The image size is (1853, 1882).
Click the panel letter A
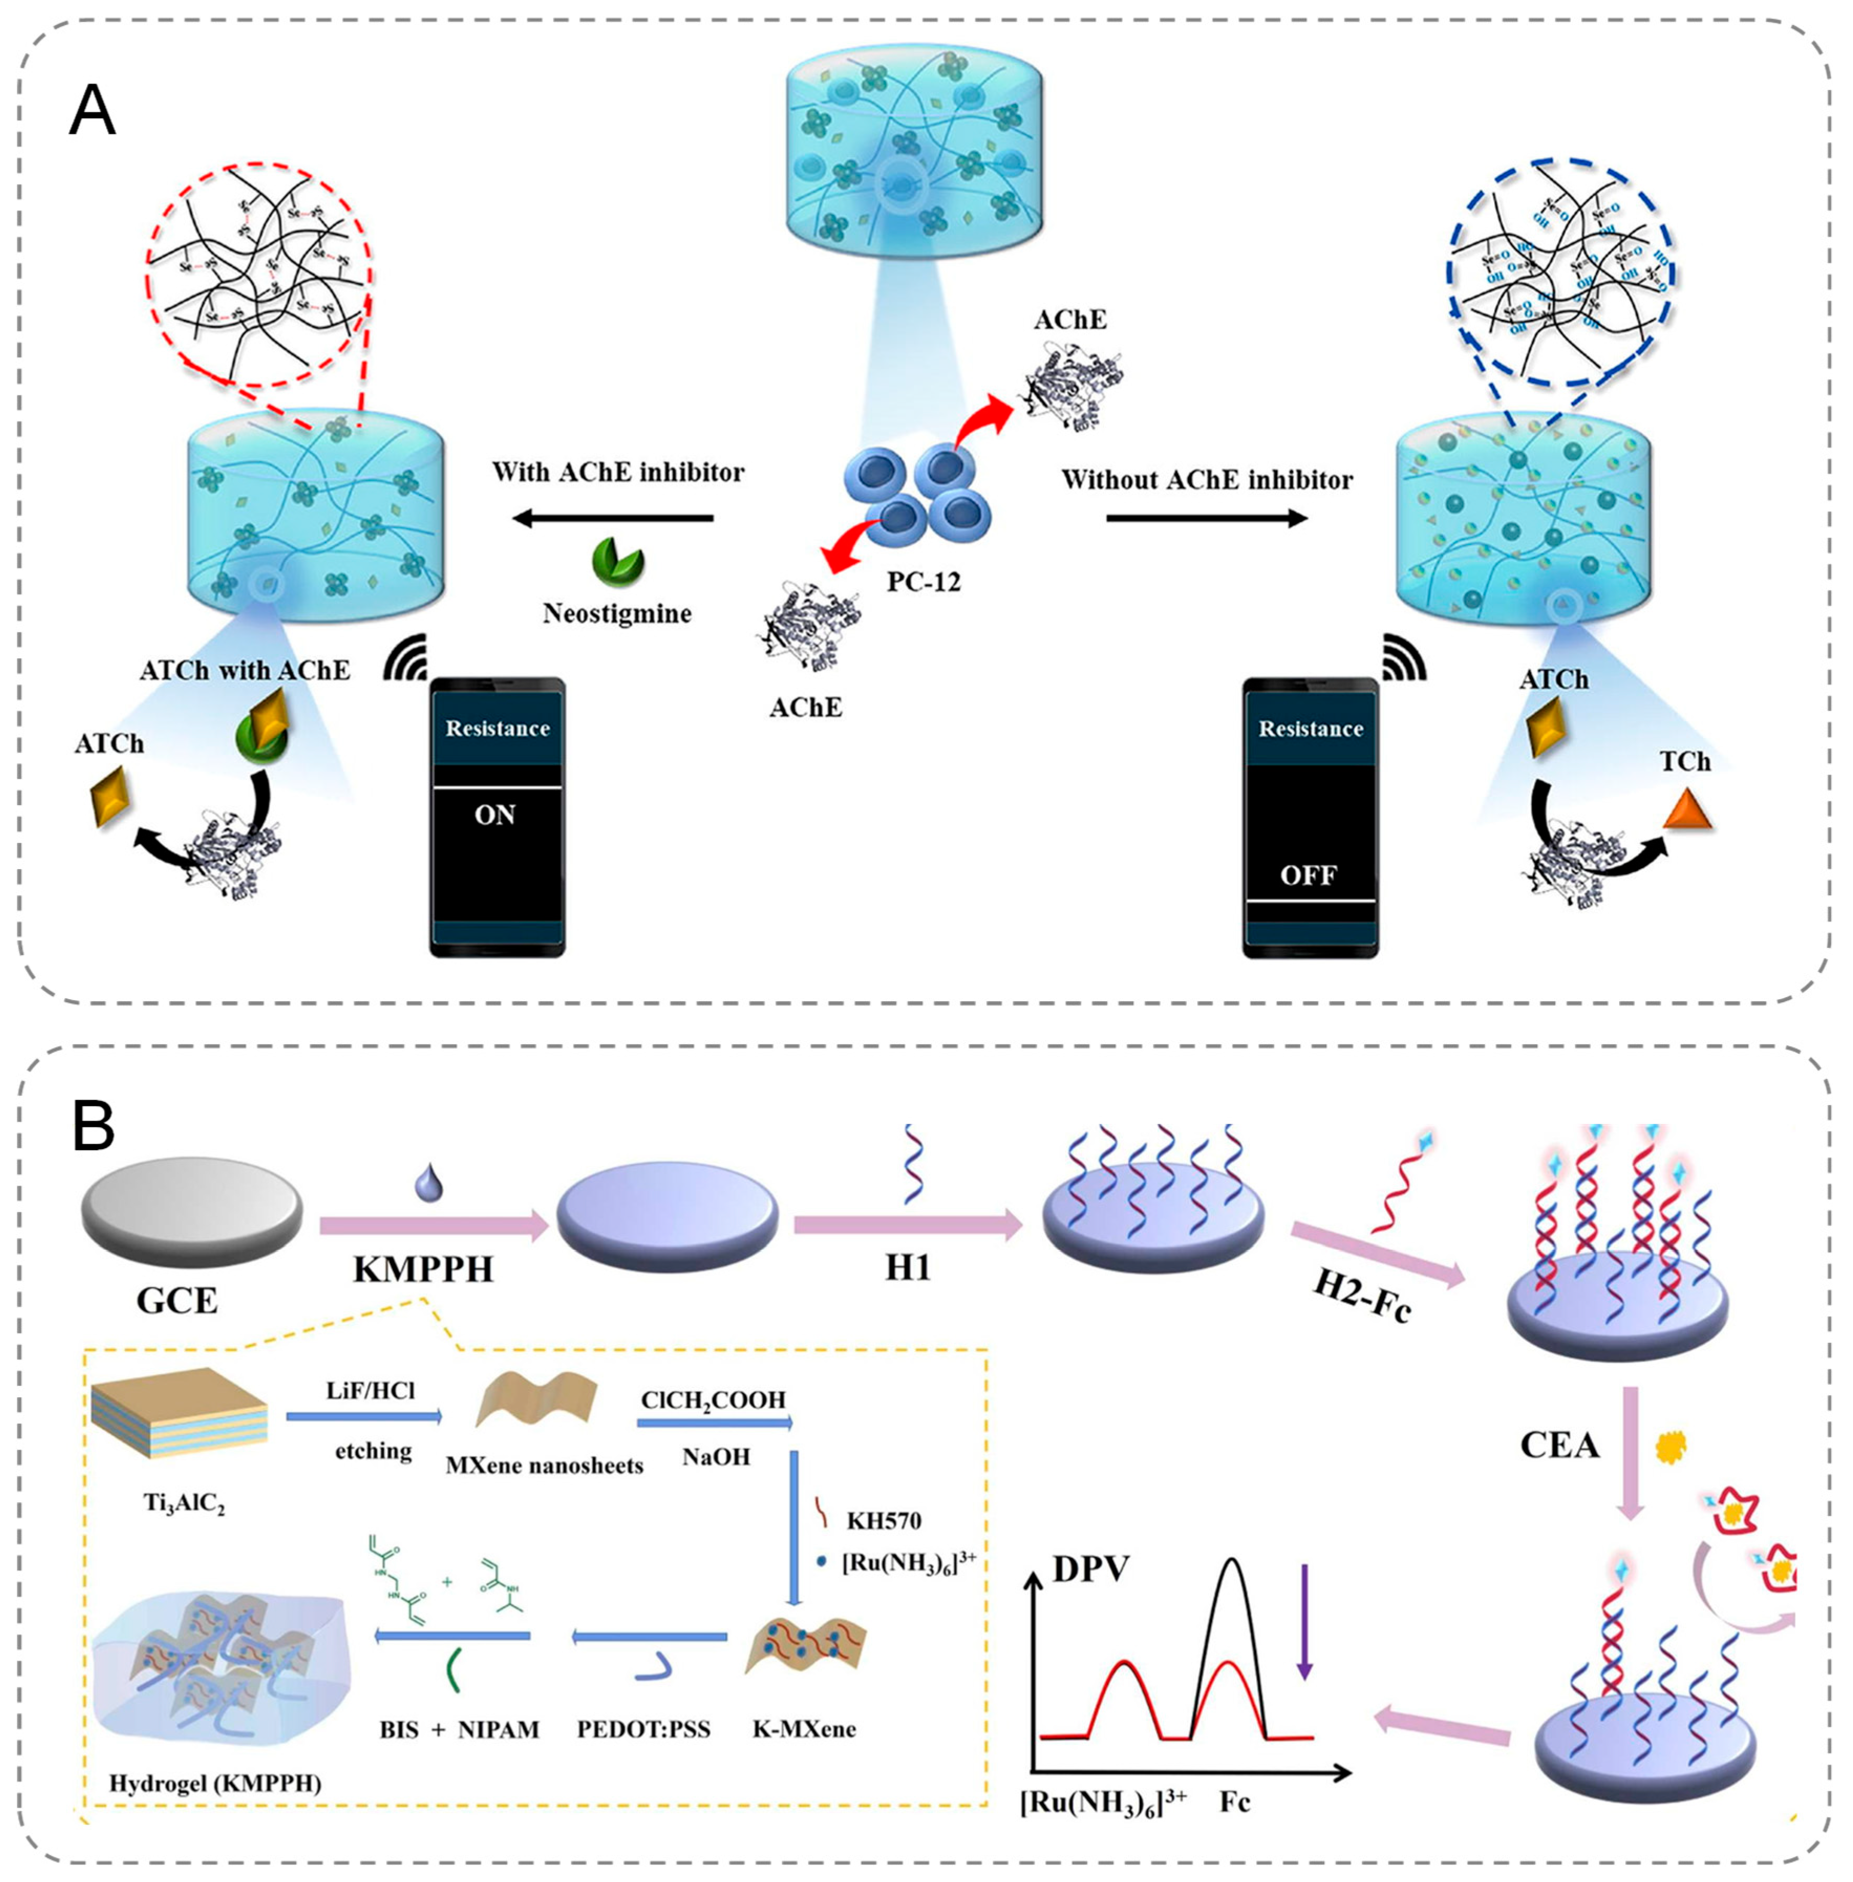pyautogui.click(x=92, y=111)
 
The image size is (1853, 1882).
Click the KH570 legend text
pyautogui.click(x=884, y=1520)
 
